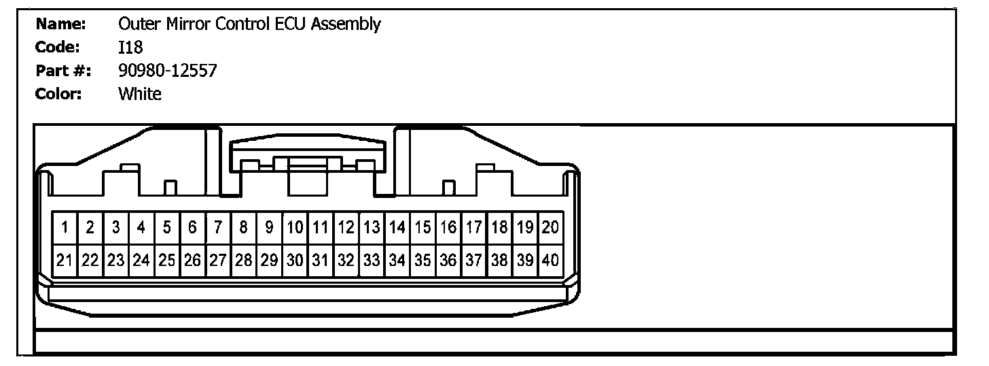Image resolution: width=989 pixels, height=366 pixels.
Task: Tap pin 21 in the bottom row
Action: [65, 260]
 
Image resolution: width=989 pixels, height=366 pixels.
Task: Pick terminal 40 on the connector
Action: [550, 260]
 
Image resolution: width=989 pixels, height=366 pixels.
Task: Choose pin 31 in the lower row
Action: [321, 260]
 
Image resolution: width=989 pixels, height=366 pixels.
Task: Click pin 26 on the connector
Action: [193, 260]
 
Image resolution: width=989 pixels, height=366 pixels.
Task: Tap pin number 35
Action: [422, 260]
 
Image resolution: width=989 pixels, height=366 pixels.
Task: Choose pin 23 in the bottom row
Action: [116, 260]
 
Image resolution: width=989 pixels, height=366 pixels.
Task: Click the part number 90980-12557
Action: [167, 71]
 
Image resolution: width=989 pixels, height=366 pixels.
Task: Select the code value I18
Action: [130, 48]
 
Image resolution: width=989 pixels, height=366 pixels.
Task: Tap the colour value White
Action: [140, 94]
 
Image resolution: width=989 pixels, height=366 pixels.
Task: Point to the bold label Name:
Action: [60, 24]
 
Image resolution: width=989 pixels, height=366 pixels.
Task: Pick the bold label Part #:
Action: [63, 71]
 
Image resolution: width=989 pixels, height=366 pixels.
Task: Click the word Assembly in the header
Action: [350, 25]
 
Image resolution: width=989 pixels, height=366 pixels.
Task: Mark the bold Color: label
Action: [58, 94]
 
